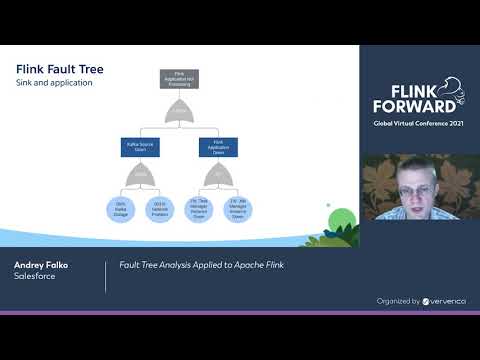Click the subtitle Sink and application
coord(55,84)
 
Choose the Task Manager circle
coord(198,209)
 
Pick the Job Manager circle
coord(237,209)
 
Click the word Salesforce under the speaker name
coord(35,277)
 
